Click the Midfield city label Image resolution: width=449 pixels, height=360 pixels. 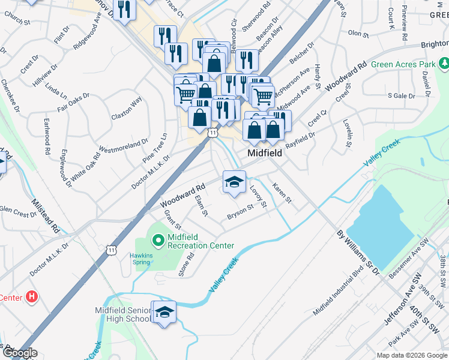pos(265,154)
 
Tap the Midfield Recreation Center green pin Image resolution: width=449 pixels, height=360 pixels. pos(158,241)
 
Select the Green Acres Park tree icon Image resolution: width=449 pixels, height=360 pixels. pos(444,63)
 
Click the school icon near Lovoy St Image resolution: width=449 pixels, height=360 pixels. pos(234,182)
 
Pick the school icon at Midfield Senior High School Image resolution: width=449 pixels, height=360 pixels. pos(164,312)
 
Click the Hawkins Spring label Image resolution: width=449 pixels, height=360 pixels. pos(142,258)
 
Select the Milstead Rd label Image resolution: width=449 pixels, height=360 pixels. pos(46,216)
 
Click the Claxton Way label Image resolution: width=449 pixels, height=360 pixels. pos(125,107)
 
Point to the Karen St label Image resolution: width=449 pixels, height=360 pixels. pos(281,193)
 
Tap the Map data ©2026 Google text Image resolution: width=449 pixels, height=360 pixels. pos(412,355)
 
